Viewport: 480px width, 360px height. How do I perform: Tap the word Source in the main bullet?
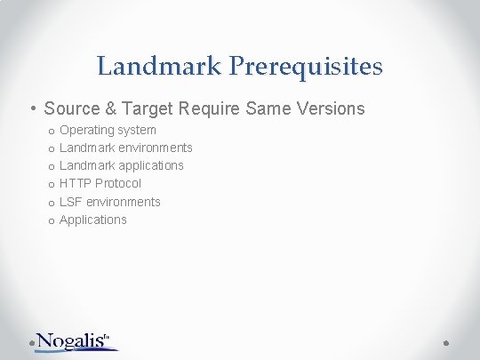(x=70, y=108)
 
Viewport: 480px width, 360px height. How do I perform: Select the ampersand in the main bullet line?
(x=110, y=108)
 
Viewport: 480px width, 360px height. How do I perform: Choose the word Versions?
(x=330, y=108)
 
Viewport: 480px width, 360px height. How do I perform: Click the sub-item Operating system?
(x=108, y=130)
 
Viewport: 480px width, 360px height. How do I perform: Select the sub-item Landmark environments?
(x=125, y=148)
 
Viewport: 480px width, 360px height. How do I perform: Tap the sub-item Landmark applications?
(x=121, y=165)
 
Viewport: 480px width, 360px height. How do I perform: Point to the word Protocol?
(x=119, y=183)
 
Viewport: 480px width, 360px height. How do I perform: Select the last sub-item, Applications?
(x=92, y=220)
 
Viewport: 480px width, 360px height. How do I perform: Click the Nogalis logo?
(x=78, y=340)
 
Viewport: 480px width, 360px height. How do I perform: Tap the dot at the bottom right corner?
(x=447, y=341)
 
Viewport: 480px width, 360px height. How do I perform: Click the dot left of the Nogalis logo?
(x=33, y=341)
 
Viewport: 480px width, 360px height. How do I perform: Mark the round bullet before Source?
(x=32, y=109)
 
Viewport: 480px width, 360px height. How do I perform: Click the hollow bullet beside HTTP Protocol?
(x=51, y=184)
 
